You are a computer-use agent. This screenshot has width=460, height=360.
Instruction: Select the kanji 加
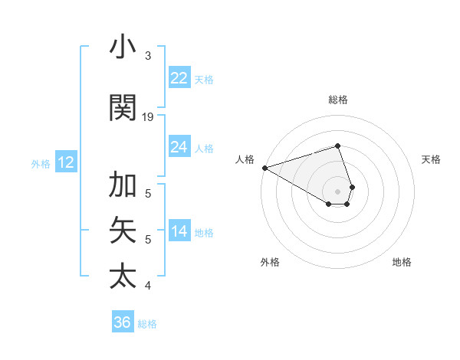pyautogui.click(x=123, y=185)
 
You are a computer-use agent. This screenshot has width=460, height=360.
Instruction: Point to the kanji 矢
pyautogui.click(x=123, y=230)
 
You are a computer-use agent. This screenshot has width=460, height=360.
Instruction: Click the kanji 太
pyautogui.click(x=123, y=275)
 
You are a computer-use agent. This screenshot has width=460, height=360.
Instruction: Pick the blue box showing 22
pyautogui.click(x=179, y=78)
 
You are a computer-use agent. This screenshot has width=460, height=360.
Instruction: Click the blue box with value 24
pyautogui.click(x=179, y=147)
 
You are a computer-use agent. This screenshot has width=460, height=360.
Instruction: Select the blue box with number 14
pyautogui.click(x=179, y=231)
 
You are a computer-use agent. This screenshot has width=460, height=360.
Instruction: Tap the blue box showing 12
pyautogui.click(x=66, y=162)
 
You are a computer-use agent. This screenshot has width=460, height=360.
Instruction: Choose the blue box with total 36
pyautogui.click(x=123, y=322)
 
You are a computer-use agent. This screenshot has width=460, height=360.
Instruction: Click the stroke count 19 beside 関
pyautogui.click(x=148, y=117)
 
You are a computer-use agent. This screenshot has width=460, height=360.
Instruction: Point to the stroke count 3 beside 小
pyautogui.click(x=147, y=56)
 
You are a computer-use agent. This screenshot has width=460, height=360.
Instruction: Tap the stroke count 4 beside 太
pyautogui.click(x=147, y=286)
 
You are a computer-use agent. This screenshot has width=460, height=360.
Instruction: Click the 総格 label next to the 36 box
pyautogui.click(x=148, y=324)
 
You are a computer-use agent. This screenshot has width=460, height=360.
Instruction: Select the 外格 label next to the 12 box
pyautogui.click(x=40, y=164)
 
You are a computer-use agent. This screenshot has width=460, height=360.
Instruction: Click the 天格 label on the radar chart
pyautogui.click(x=431, y=159)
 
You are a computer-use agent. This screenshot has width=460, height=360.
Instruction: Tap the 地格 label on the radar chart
pyautogui.click(x=402, y=262)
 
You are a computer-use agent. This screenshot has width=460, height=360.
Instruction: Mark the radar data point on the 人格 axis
pyautogui.click(x=264, y=167)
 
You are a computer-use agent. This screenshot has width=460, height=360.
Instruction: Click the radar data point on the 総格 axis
pyautogui.click(x=337, y=146)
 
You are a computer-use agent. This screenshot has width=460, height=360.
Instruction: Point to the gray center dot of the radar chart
pyautogui.click(x=337, y=191)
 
